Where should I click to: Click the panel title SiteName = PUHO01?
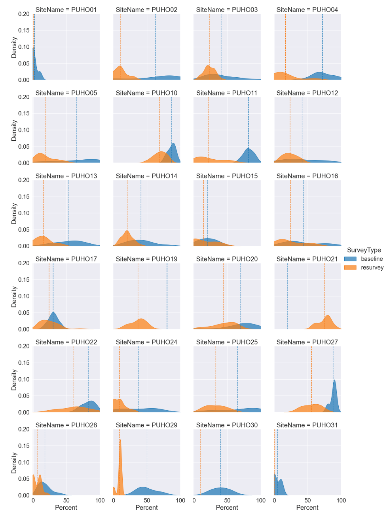66,10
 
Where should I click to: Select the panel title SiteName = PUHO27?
307,342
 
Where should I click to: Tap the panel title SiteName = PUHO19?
146,259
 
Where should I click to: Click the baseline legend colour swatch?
350,259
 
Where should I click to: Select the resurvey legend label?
372,268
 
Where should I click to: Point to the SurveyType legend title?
364,250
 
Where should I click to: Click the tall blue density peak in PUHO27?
335,381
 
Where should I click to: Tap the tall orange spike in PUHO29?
120,441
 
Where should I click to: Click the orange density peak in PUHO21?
327,316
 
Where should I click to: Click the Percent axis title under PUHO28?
66,508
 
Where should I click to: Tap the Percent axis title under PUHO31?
307,508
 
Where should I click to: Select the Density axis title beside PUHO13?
14,213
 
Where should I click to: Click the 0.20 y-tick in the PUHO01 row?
24,14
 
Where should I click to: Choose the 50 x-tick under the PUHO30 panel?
227,500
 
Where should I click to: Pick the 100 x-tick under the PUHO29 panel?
180,500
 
